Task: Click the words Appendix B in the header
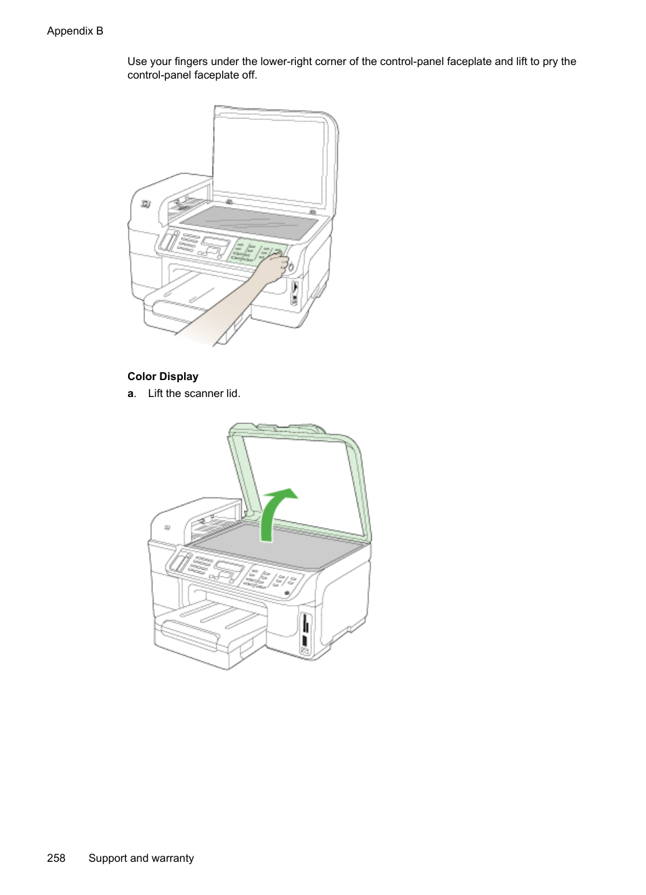[x=75, y=30]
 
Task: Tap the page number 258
[x=56, y=858]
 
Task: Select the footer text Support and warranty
[x=141, y=858]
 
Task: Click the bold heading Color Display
[x=163, y=377]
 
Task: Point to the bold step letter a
[x=131, y=394]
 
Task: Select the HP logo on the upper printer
[x=146, y=204]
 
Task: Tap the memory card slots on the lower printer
[x=305, y=633]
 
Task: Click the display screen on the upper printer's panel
[x=215, y=243]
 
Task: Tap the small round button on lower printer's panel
[x=286, y=594]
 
